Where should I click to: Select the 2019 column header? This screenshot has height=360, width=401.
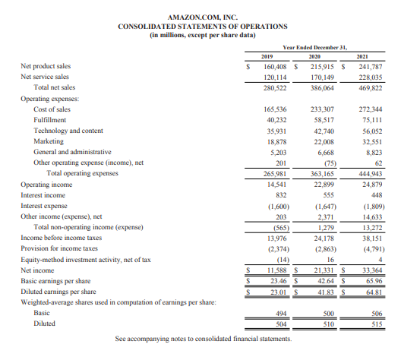(x=267, y=56)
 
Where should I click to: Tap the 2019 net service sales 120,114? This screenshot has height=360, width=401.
(x=267, y=77)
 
